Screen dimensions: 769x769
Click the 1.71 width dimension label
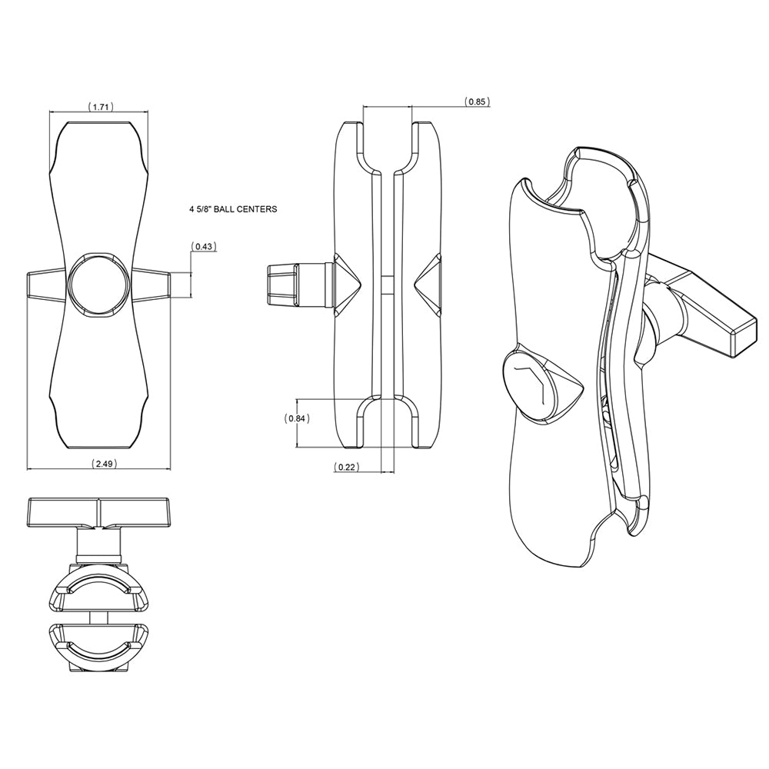pyautogui.click(x=100, y=107)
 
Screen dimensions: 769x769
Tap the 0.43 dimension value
pyautogui.click(x=205, y=246)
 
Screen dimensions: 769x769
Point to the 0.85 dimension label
pyautogui.click(x=477, y=102)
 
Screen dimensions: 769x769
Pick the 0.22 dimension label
pyautogui.click(x=348, y=467)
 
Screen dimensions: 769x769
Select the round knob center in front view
pyautogui.click(x=98, y=283)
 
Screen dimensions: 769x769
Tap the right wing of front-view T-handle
pyautogui.click(x=152, y=283)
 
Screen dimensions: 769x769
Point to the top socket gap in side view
pyautogui.click(x=388, y=142)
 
